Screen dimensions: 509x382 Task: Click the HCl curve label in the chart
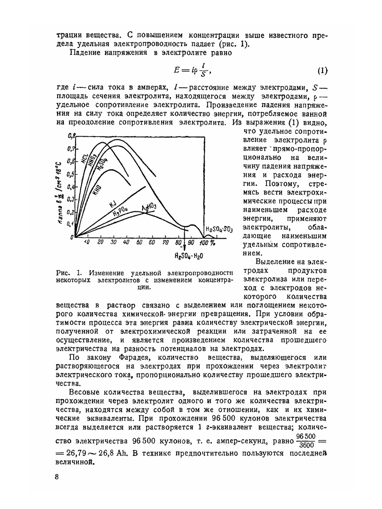(85, 158)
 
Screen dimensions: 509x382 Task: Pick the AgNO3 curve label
(149, 207)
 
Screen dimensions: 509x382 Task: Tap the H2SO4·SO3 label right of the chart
(219, 229)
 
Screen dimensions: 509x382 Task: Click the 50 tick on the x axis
(139, 242)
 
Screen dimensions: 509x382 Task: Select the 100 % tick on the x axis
(207, 242)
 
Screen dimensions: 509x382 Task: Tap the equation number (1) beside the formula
(322, 71)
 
